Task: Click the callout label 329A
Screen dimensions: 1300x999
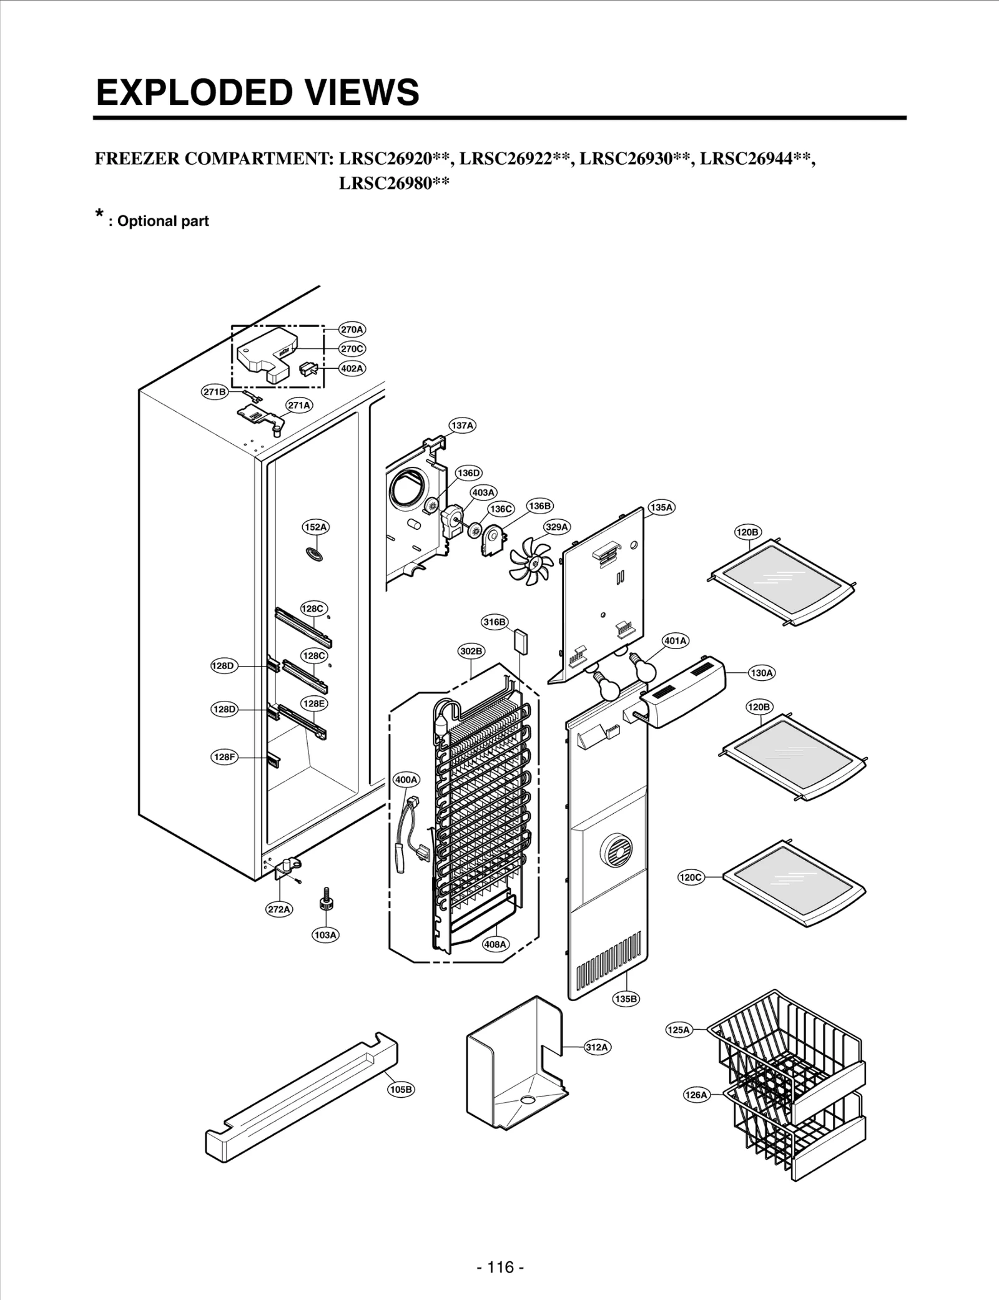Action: coord(556,527)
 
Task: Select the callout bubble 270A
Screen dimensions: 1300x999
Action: coord(352,329)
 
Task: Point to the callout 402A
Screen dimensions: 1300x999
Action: coord(352,368)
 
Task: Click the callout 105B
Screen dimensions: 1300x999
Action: coord(401,1089)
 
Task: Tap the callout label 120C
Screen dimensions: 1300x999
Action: coord(691,877)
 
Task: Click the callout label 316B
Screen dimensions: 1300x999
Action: coord(495,622)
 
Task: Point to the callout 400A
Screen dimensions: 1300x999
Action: coord(406,780)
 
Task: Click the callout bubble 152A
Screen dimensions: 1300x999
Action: coord(315,527)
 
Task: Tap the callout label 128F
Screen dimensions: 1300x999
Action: coord(224,757)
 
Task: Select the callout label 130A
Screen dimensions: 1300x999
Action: coord(761,673)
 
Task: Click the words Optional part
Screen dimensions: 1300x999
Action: coord(162,221)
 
